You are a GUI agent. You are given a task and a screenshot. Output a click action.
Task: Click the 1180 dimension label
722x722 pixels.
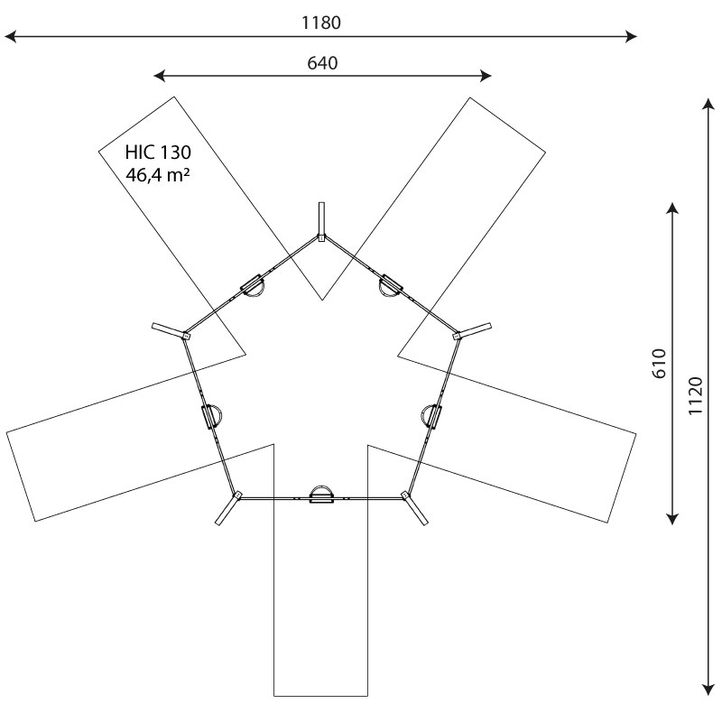[x=321, y=23]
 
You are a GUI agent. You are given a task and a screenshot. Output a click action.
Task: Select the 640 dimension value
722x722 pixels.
[x=322, y=63]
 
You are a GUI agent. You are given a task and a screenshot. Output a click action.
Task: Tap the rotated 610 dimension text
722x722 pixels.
[x=660, y=364]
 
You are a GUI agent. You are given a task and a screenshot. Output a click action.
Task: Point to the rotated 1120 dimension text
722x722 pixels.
[x=696, y=395]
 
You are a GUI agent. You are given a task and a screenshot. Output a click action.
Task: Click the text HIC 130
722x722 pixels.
[x=158, y=152]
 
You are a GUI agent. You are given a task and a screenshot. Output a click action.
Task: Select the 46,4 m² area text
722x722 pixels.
[x=158, y=175]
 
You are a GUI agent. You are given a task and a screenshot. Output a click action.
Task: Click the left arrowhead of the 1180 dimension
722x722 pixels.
[x=10, y=36]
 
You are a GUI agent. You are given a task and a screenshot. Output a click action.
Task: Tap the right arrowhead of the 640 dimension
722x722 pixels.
[x=486, y=76]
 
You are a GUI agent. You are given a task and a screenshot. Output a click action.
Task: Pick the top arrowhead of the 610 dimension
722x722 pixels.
[x=672, y=208]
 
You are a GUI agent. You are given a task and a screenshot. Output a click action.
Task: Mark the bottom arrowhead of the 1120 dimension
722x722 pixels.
[x=708, y=690]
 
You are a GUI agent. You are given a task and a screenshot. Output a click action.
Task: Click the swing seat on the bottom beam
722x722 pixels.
[x=322, y=495]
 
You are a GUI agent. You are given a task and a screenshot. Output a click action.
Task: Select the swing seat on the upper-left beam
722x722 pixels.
[x=253, y=286]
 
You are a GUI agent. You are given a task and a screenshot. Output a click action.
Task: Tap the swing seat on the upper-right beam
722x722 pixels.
[x=391, y=286]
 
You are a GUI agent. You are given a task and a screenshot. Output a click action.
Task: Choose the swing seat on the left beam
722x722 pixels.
[x=212, y=416]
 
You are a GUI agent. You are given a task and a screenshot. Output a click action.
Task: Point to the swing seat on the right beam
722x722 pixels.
[x=431, y=416]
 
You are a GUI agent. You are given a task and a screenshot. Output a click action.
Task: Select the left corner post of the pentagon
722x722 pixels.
[x=171, y=331]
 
